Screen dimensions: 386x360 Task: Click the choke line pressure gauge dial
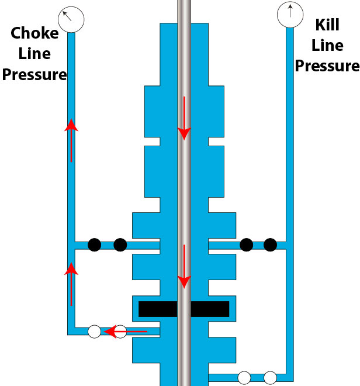tap(71, 18)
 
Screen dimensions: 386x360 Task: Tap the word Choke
tap(35, 33)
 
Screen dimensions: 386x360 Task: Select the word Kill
tap(327, 25)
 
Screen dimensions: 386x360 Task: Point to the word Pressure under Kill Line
tap(327, 65)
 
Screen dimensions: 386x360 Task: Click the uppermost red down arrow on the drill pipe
tap(184, 118)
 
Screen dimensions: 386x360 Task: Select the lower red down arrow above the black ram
tap(184, 266)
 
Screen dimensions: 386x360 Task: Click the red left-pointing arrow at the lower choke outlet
tap(126, 332)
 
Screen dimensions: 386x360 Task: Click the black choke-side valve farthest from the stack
tap(94, 244)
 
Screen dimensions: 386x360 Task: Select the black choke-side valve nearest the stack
tap(120, 244)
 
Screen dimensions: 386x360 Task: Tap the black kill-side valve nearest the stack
tap(246, 244)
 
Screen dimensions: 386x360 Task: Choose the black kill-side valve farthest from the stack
tap(270, 244)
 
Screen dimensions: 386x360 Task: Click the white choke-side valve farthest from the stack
tap(94, 332)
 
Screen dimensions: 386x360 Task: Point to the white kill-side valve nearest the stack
tap(244, 378)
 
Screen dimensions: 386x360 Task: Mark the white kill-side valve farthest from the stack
tap(270, 378)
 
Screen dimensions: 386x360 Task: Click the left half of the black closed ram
tap(158, 309)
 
